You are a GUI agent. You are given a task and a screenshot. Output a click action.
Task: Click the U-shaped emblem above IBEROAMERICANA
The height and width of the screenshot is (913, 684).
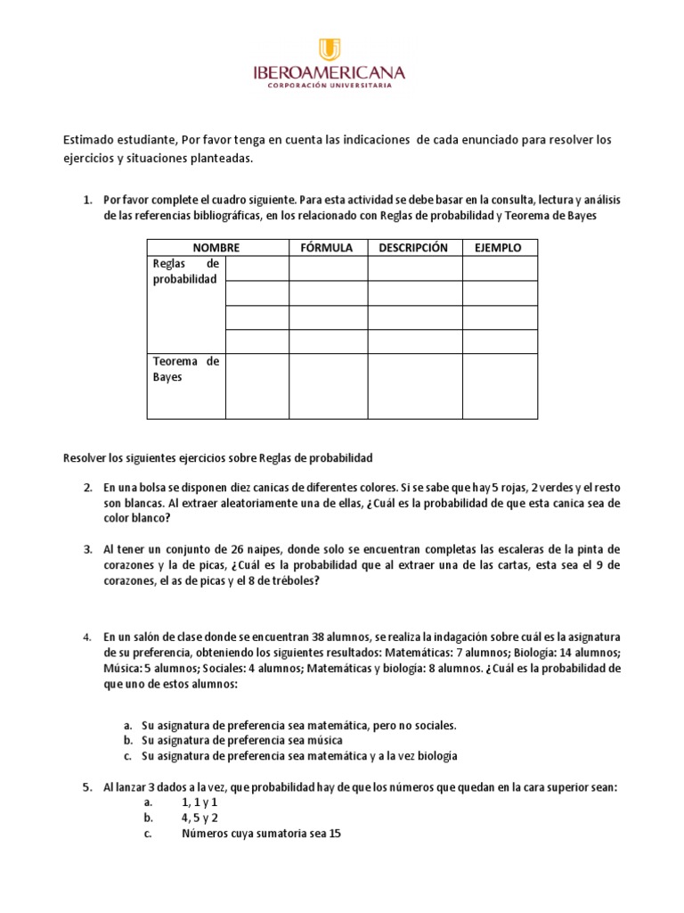[x=330, y=50]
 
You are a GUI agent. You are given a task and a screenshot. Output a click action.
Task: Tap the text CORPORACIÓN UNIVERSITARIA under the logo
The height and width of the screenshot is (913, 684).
[x=330, y=86]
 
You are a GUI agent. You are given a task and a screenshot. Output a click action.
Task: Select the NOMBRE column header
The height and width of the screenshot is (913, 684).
[x=216, y=248]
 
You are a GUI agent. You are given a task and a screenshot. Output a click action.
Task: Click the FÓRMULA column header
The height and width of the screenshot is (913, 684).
[x=327, y=248]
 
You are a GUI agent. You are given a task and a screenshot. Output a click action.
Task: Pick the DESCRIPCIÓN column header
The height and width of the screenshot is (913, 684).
[x=413, y=248]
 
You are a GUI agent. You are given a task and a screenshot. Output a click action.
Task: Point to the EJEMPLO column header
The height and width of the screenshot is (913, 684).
[x=499, y=248]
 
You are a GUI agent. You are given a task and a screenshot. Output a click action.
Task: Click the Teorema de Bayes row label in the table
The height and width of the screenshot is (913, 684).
[x=185, y=369]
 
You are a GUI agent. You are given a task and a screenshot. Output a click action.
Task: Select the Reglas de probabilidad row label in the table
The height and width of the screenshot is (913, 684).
[x=185, y=272]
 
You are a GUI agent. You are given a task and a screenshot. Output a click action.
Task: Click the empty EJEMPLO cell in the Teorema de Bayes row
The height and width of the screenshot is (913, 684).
[x=499, y=386]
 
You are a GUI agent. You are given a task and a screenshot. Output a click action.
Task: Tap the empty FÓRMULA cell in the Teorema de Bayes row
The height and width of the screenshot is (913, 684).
[x=327, y=386]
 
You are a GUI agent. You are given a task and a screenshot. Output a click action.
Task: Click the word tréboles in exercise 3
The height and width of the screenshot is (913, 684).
[x=289, y=581]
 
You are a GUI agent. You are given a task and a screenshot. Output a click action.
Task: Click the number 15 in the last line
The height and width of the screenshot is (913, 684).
[x=333, y=834]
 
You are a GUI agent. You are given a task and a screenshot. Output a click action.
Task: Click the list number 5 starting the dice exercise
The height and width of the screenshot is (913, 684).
[x=87, y=788]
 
